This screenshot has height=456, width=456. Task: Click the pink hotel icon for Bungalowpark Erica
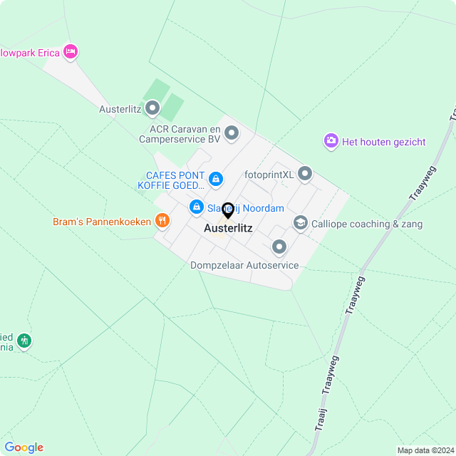click(x=70, y=51)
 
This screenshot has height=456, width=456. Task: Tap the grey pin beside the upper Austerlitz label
click(x=152, y=108)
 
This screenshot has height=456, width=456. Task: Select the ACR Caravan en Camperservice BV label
click(x=185, y=134)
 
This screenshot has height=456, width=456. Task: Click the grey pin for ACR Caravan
click(x=231, y=133)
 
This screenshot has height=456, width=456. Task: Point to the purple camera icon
click(x=331, y=141)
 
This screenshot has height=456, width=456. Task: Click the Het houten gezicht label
click(x=383, y=142)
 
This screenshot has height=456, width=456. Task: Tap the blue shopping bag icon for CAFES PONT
click(x=216, y=178)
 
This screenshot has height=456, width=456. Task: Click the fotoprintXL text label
click(x=269, y=174)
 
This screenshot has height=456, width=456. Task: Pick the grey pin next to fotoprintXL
click(x=305, y=173)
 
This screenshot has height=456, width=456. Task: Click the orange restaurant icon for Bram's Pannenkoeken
click(x=162, y=221)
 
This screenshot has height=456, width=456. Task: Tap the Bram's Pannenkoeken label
click(x=102, y=222)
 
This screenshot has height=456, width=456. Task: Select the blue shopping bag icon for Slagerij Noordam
click(x=196, y=207)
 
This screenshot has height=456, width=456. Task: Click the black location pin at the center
click(x=228, y=210)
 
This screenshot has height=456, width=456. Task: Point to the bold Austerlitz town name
click(x=228, y=229)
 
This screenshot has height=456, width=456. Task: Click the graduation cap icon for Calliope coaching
click(x=300, y=224)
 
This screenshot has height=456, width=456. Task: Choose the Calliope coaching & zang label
click(x=367, y=224)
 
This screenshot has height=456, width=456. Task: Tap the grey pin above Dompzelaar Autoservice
click(x=279, y=247)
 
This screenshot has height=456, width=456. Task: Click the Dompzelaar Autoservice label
click(x=244, y=266)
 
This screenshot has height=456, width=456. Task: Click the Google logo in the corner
click(x=24, y=447)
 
